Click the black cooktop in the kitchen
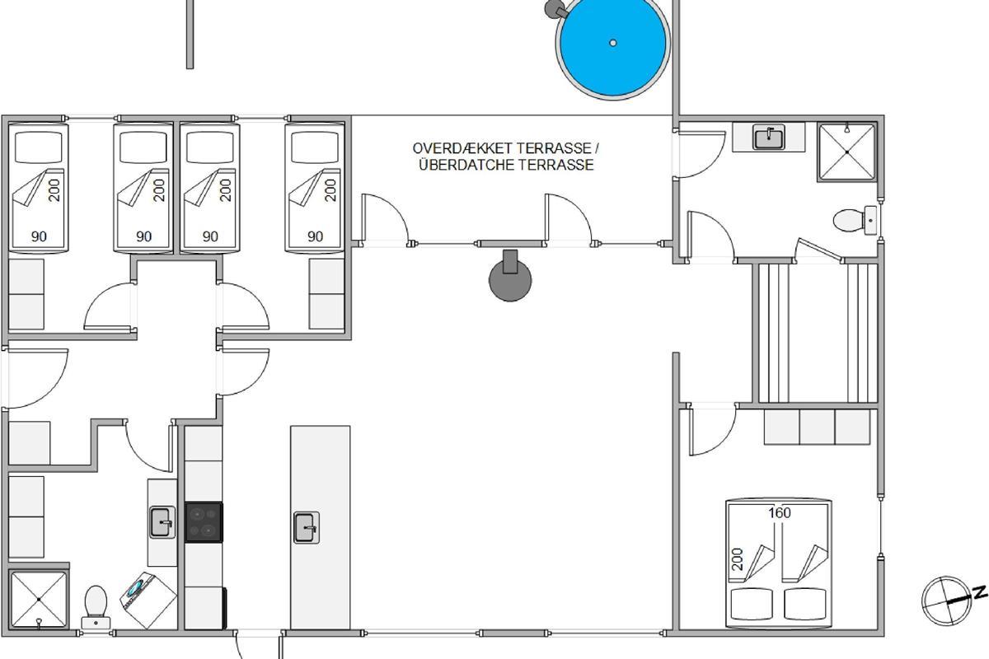click(204, 521)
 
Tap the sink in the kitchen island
click(307, 527)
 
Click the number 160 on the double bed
click(780, 513)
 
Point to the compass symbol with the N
click(949, 601)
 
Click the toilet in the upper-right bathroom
click(855, 220)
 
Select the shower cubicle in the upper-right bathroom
click(847, 152)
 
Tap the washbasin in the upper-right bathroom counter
click(769, 138)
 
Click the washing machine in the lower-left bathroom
click(149, 601)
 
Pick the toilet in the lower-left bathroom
click(96, 606)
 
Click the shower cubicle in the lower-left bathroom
click(39, 599)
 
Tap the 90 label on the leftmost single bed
click(39, 237)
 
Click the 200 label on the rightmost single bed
click(330, 190)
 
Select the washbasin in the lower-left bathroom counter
click(162, 522)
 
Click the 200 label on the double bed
click(738, 559)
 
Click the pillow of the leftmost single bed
click(39, 147)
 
